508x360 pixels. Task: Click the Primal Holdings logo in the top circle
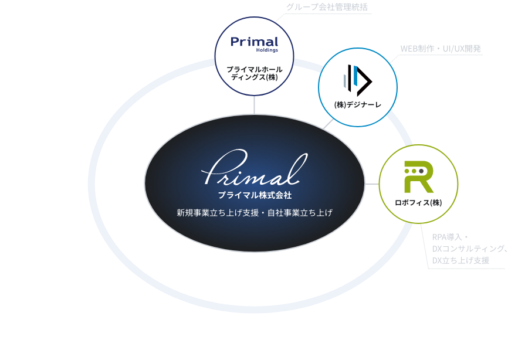pyautogui.click(x=255, y=45)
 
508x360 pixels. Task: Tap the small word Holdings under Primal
pyautogui.click(x=267, y=50)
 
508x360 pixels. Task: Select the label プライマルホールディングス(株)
pyautogui.click(x=255, y=73)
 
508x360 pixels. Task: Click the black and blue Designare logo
pyautogui.click(x=358, y=80)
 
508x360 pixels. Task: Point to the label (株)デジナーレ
pyautogui.click(x=358, y=105)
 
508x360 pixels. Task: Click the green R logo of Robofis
pyautogui.click(x=419, y=176)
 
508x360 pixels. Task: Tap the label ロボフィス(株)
pyautogui.click(x=418, y=203)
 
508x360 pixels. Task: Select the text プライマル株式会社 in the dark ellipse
pyautogui.click(x=255, y=195)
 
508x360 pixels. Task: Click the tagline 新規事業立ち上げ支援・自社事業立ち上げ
pyautogui.click(x=255, y=213)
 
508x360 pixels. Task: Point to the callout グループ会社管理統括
pyautogui.click(x=327, y=7)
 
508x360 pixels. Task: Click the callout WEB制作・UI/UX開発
pyautogui.click(x=441, y=49)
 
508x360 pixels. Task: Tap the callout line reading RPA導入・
pyautogui.click(x=450, y=237)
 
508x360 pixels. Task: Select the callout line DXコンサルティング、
pyautogui.click(x=469, y=249)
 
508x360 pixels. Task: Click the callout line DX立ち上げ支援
pyautogui.click(x=460, y=260)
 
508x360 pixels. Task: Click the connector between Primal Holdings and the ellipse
pyautogui.click(x=255, y=105)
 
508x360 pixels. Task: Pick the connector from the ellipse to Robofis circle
pyautogui.click(x=372, y=184)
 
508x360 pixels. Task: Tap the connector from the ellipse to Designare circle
pyautogui.click(x=328, y=124)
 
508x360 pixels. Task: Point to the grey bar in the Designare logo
pyautogui.click(x=345, y=81)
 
